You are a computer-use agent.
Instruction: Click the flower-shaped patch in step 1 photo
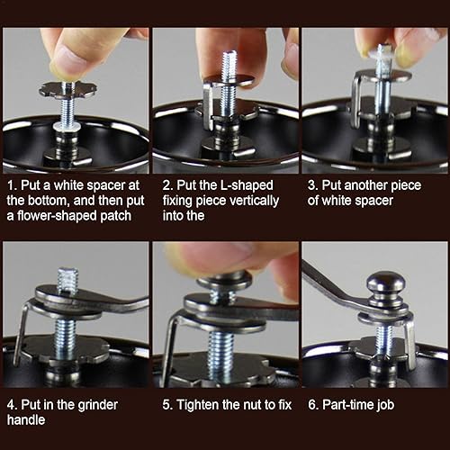click(x=68, y=90)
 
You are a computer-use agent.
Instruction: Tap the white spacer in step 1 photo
click(x=67, y=126)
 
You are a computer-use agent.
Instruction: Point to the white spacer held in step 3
click(x=380, y=54)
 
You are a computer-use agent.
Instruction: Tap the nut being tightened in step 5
click(x=224, y=282)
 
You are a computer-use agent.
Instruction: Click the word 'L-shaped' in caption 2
click(x=247, y=185)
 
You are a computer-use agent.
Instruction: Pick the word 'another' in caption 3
click(x=365, y=185)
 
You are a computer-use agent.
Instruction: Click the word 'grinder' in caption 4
click(x=98, y=405)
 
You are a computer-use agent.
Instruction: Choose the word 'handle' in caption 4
click(x=26, y=419)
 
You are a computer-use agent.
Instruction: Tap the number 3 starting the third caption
click(x=311, y=185)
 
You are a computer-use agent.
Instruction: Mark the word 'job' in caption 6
click(x=386, y=405)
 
